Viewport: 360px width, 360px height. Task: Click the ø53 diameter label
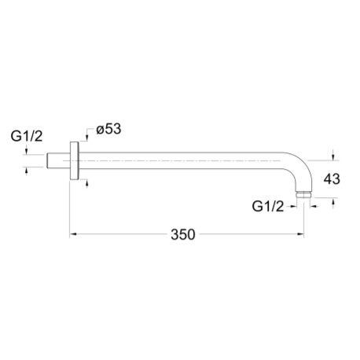(x=108, y=129)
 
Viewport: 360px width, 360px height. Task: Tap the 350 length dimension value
(x=183, y=234)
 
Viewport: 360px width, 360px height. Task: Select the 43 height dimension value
(x=332, y=179)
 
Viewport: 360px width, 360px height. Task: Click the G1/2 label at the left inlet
(x=27, y=136)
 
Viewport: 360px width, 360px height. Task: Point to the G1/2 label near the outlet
(x=268, y=207)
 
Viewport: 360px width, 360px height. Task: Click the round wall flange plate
(x=74, y=160)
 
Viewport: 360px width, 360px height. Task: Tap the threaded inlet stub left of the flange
(x=58, y=160)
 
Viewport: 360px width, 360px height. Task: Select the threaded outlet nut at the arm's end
(x=303, y=195)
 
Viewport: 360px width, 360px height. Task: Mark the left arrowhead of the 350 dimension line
(x=73, y=234)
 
